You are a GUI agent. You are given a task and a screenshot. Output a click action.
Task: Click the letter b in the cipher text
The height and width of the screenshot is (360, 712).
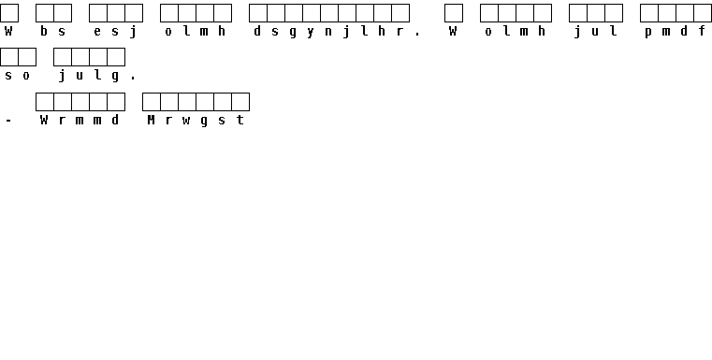point(44,31)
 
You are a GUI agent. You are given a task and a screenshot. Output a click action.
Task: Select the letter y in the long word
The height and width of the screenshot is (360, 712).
point(311,32)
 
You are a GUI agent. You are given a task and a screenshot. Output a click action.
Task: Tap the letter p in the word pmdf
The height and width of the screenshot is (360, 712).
point(648,32)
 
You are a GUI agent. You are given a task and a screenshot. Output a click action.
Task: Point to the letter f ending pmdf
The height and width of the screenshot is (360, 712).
point(702,31)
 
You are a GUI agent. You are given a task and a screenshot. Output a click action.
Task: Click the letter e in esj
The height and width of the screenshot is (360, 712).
point(97,32)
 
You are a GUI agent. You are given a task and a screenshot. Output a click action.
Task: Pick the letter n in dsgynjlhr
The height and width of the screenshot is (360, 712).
point(328,32)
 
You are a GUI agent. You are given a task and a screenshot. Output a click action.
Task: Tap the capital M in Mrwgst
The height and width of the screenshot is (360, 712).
point(151,120)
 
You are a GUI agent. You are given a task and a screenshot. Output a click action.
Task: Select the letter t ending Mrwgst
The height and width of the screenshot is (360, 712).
point(240,120)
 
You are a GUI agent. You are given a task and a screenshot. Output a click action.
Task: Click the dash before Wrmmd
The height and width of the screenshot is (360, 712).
point(8,121)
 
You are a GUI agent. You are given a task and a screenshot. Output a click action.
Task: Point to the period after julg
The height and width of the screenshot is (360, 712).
point(133,79)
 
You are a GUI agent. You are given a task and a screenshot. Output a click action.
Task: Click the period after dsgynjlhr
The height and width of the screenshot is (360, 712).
point(418,34)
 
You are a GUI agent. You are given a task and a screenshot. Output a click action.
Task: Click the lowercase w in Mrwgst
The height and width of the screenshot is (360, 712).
point(186,121)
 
